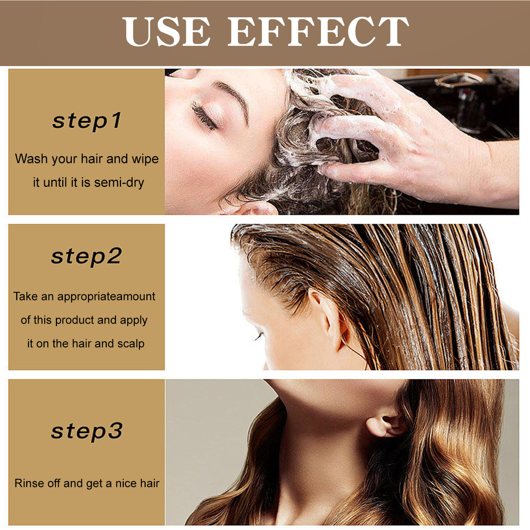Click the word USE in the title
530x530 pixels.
[x=166, y=32]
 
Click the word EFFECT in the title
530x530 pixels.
[x=318, y=32]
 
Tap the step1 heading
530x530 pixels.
[x=87, y=121]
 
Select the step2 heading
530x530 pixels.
[x=87, y=256]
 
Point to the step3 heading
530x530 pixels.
[x=87, y=431]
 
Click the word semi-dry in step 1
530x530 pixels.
[x=119, y=183]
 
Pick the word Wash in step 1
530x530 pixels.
[x=31, y=159]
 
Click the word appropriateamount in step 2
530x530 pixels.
[x=106, y=296]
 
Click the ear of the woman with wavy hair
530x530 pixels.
[x=385, y=426]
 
